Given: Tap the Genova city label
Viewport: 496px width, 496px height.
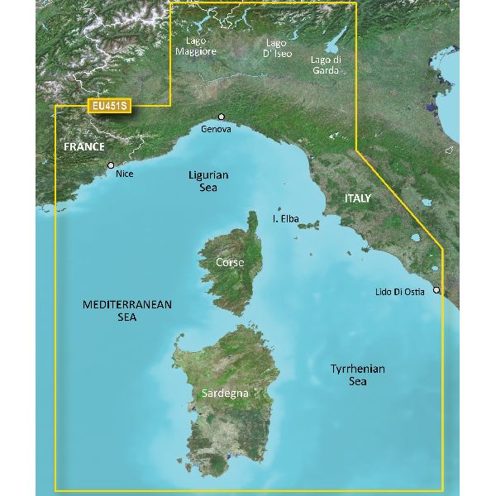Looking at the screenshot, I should pos(215,130).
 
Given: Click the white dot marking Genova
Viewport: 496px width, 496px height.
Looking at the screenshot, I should pos(221,117).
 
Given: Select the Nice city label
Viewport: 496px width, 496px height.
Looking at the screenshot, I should pos(124,174).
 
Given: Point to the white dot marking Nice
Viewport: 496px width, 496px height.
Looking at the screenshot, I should pos(111,165).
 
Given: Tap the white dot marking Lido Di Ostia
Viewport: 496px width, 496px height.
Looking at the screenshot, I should pos(436,290).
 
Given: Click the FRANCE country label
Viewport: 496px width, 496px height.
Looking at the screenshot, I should pos(84,147).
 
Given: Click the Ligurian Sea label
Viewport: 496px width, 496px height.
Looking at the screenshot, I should pos(208,181).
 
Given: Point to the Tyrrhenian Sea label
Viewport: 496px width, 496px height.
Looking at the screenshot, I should pos(357,375).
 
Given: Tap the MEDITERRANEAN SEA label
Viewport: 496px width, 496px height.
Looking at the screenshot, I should pos(126,311).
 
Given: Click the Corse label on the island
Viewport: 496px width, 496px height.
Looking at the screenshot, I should pos(229,262).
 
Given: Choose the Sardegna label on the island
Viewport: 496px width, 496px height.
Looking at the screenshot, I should pos(225,393).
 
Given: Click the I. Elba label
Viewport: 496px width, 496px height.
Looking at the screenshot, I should pos(285,220).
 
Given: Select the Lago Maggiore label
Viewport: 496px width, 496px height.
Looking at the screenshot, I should pos(196,45).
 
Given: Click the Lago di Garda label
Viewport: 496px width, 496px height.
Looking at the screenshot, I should pos(325,64).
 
